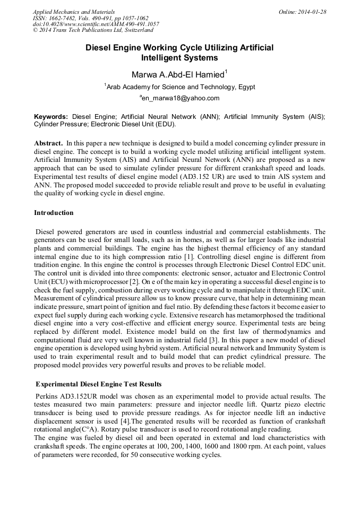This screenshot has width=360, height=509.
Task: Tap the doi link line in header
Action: click(96, 24)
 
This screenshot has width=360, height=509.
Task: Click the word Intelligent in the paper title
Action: click(165, 58)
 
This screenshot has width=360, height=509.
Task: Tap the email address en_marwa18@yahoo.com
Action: click(179, 98)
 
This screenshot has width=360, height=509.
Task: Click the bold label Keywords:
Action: click(51, 116)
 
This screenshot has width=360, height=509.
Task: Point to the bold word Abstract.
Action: click(48, 143)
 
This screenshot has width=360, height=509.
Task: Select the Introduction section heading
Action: click(54, 213)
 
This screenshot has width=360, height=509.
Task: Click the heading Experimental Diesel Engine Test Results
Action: click(98, 384)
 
